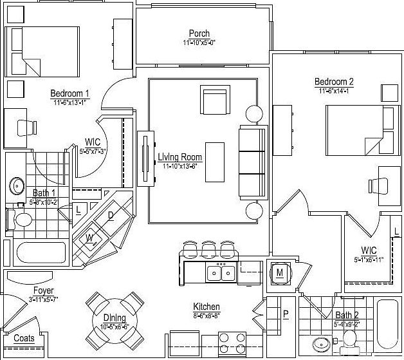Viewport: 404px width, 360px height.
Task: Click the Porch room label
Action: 199,33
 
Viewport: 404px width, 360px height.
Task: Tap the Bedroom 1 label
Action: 69,93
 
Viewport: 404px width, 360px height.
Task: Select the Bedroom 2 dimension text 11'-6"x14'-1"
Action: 334,91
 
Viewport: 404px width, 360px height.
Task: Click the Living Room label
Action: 179,157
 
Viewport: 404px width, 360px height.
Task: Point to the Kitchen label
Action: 207,307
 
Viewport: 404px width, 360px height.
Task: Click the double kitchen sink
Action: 221,273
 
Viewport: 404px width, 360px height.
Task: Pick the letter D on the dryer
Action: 111,215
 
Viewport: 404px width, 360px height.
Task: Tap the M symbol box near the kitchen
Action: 280,272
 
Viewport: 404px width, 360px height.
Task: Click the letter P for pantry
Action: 286,314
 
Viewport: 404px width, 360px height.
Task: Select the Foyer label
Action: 43,290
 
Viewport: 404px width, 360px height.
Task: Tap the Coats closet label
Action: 24,338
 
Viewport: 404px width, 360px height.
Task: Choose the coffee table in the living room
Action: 216,161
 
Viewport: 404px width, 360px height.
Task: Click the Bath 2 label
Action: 347,315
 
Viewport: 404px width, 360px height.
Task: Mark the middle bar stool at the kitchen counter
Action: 208,248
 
